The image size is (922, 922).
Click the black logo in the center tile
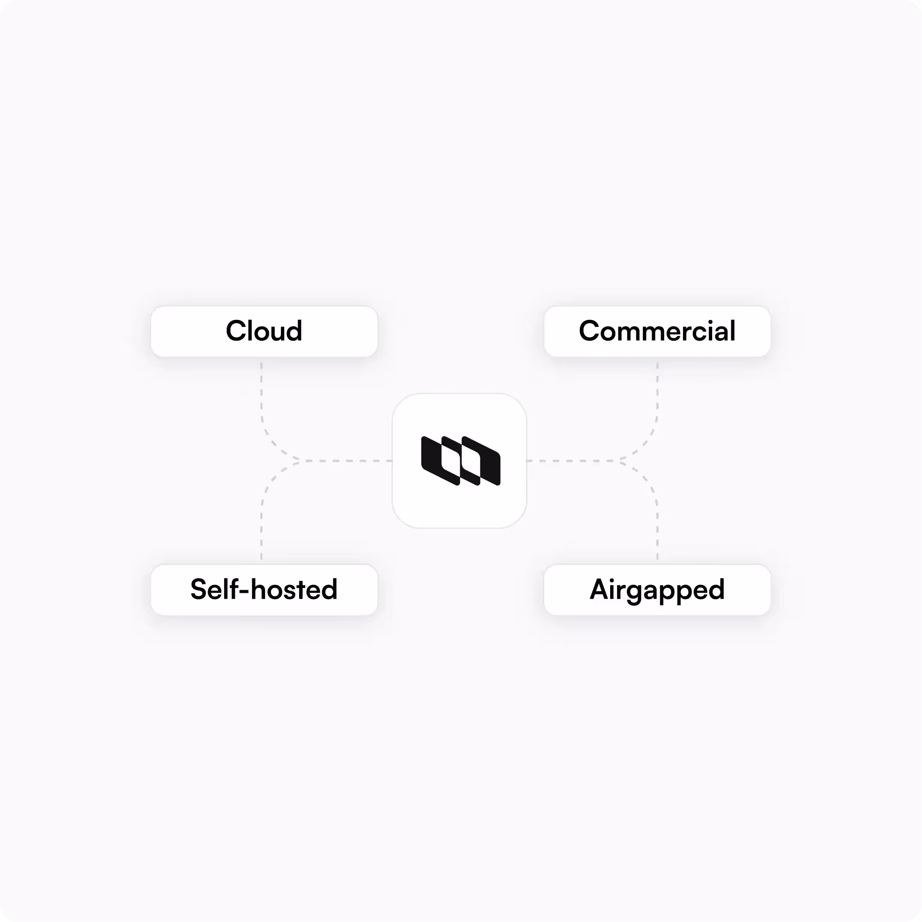pyautogui.click(x=460, y=460)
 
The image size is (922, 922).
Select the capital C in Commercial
pyautogui.click(x=590, y=331)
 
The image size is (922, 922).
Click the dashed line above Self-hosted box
pyautogui.click(x=261, y=530)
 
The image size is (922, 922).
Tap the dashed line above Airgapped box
pyautogui.click(x=657, y=530)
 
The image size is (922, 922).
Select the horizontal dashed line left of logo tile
pyautogui.click(x=348, y=460)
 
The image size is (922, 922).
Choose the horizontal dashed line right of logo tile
pyautogui.click(x=573, y=460)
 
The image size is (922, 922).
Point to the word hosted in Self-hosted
pyautogui.click(x=294, y=589)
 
